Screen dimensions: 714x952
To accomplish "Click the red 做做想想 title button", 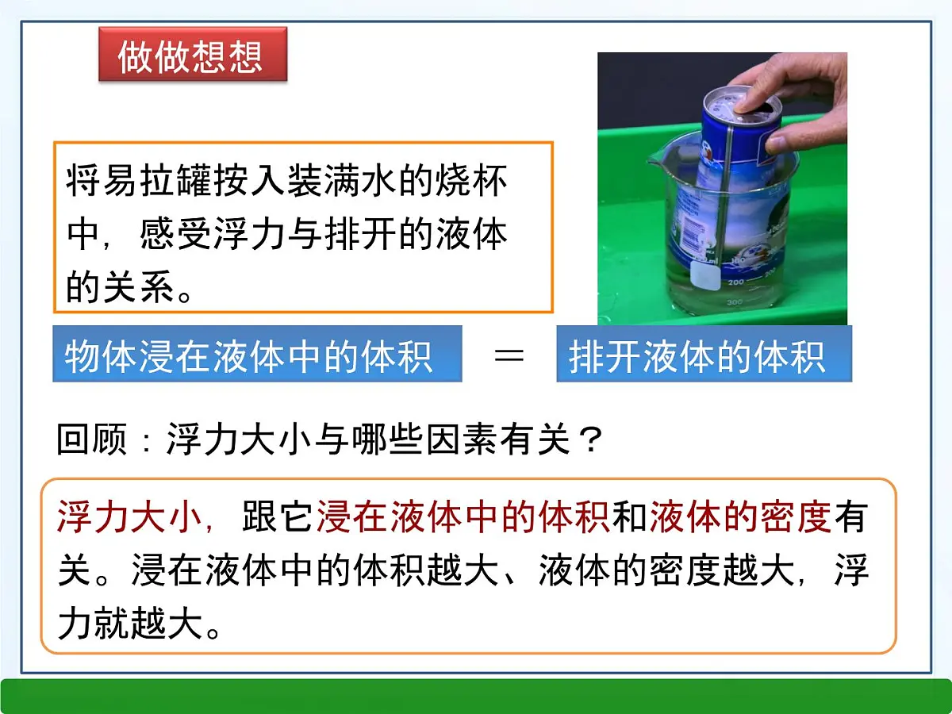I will (x=192, y=55).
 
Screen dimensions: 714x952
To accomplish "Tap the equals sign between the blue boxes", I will (x=509, y=355).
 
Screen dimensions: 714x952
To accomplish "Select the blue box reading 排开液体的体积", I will (x=704, y=355).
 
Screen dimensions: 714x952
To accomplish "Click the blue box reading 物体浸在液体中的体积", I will (x=257, y=355).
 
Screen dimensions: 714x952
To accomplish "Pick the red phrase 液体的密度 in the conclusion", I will (x=740, y=519).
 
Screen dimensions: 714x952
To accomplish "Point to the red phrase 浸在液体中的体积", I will (x=463, y=519).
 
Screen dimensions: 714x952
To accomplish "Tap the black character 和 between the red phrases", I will (x=630, y=519).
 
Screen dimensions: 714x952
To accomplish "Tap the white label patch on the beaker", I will (x=704, y=274).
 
